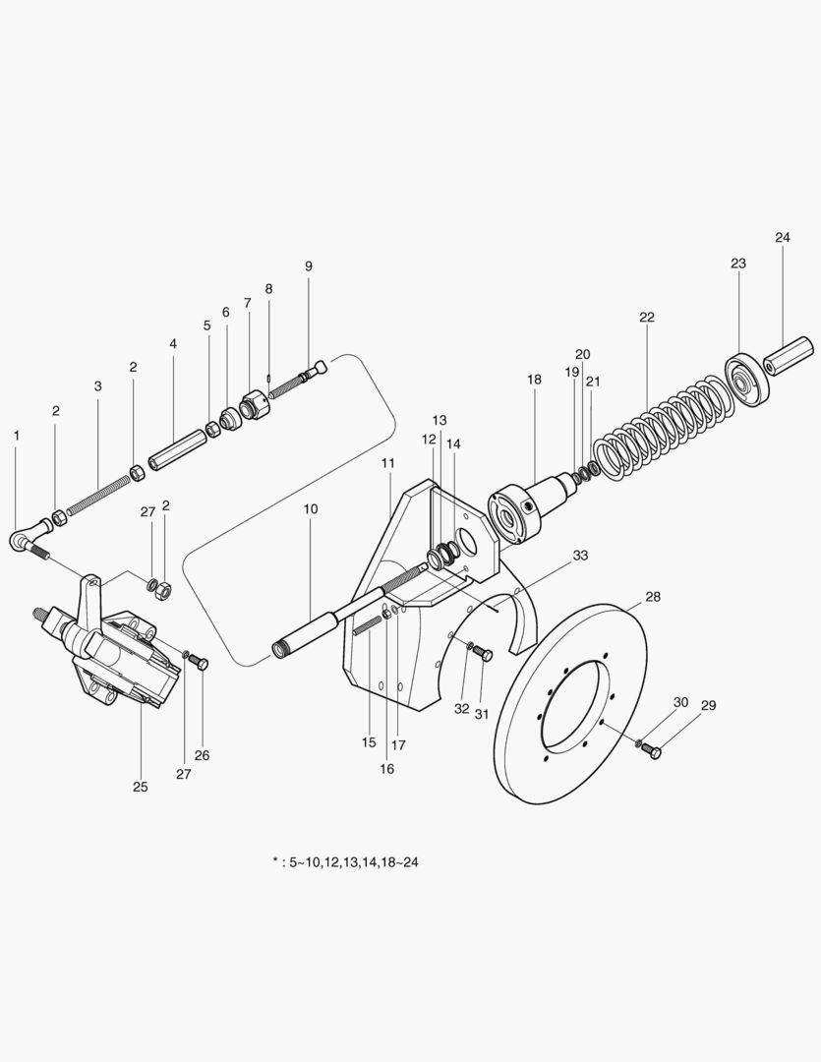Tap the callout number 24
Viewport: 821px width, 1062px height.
tap(782, 238)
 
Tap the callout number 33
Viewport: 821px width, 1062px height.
tap(580, 556)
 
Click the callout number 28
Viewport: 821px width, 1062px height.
tap(653, 597)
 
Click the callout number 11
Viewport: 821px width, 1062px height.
tap(388, 462)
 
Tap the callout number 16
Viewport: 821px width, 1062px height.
tap(386, 769)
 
